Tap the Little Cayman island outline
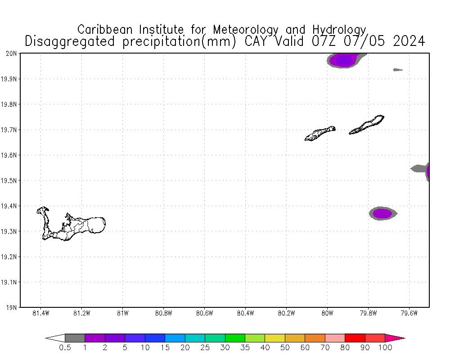(319, 133)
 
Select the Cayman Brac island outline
(367, 125)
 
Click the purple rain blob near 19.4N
(382, 213)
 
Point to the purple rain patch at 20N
(343, 59)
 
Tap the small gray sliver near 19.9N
(397, 70)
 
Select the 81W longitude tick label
(122, 313)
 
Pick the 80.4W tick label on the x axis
(245, 313)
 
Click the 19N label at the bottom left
(13, 308)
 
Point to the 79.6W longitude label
(409, 313)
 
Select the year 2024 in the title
(409, 41)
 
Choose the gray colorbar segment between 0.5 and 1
(75, 338)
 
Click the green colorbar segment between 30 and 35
(235, 338)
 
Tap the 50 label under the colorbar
(285, 347)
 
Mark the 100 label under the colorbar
(385, 347)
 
